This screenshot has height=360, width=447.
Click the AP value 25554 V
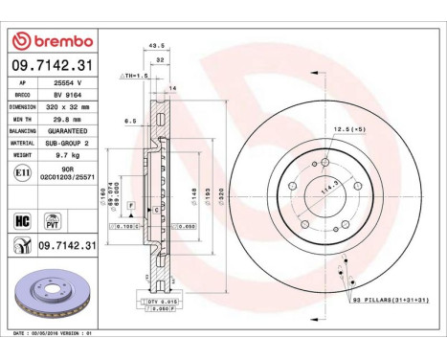click(x=67, y=84)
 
